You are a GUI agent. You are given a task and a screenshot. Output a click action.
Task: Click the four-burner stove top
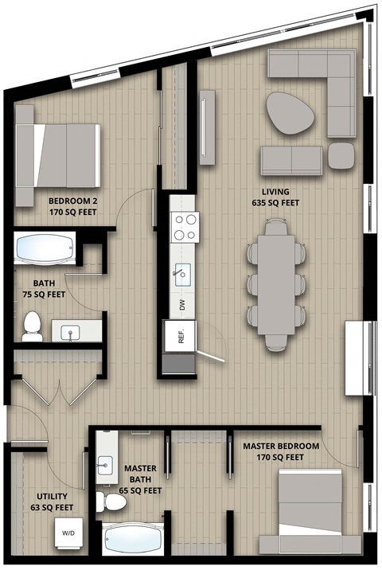click(x=185, y=227)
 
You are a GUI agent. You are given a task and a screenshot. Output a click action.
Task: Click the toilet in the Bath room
click(x=32, y=326)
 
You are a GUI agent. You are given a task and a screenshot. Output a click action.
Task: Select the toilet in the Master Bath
click(x=104, y=501)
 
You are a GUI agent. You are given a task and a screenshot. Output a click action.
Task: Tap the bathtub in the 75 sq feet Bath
click(x=45, y=248)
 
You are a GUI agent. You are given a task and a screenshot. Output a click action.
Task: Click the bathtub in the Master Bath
click(x=133, y=540)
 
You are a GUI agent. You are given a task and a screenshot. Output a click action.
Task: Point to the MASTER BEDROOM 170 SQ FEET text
click(x=281, y=451)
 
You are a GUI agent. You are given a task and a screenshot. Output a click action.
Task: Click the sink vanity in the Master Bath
click(x=106, y=461)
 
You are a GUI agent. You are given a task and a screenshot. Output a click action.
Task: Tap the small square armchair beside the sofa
click(x=341, y=156)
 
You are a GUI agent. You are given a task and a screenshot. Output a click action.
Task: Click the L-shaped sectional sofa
click(x=318, y=76)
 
